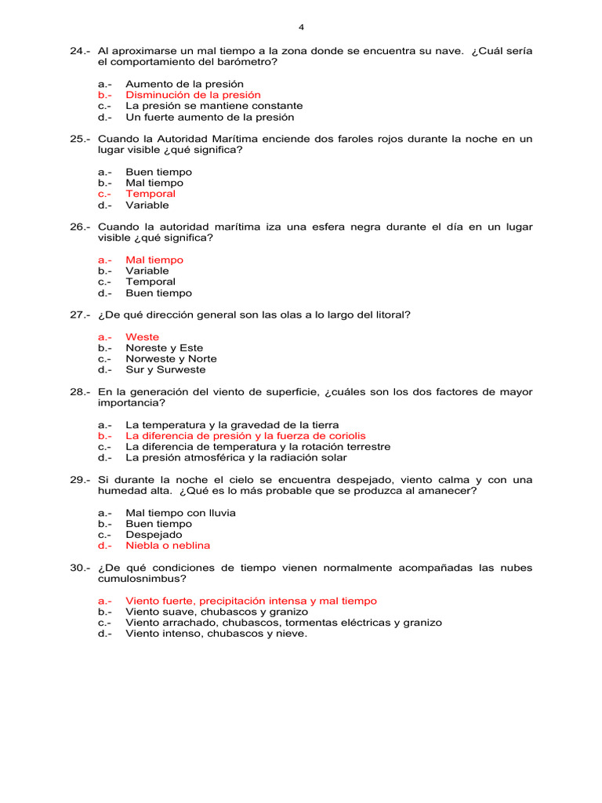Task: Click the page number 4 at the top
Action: [x=301, y=27]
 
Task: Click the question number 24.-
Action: [x=81, y=51]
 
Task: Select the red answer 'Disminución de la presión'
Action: [x=193, y=95]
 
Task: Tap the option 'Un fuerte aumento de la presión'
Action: [x=209, y=117]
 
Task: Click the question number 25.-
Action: [x=81, y=139]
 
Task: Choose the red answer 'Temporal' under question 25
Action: [x=150, y=194]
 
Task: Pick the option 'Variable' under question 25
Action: [x=147, y=205]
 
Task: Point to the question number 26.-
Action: [x=81, y=227]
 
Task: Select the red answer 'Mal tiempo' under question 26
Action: [x=154, y=260]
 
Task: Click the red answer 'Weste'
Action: [x=142, y=336]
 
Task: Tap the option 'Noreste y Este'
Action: [x=164, y=347]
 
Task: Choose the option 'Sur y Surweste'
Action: [x=165, y=369]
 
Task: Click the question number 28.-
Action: [x=81, y=391]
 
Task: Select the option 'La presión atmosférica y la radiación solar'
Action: [x=236, y=457]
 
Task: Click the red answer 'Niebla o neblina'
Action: [x=168, y=545]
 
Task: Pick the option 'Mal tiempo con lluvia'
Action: [x=180, y=512]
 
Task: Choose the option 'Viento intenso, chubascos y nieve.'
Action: [x=216, y=634]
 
